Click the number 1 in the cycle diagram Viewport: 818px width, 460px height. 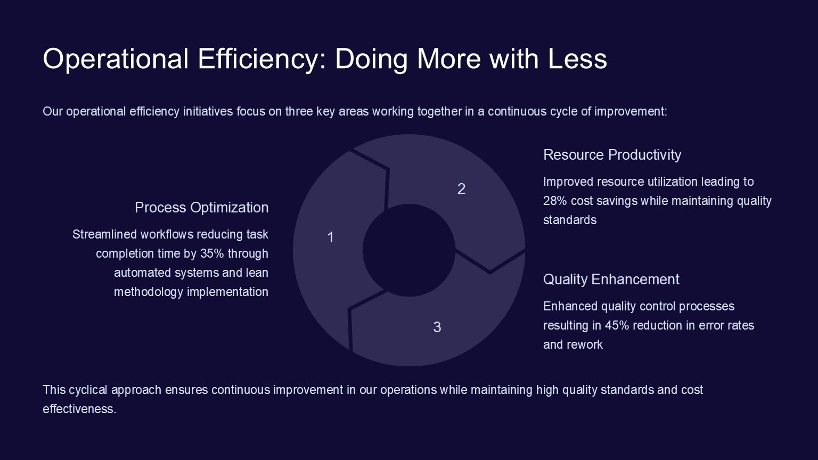pyautogui.click(x=331, y=237)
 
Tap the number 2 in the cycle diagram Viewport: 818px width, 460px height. pyautogui.click(x=461, y=189)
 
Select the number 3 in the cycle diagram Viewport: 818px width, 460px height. pyautogui.click(x=437, y=327)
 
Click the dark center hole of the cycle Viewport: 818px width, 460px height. pyautogui.click(x=409, y=250)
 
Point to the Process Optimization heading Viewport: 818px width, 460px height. pyautogui.click(x=202, y=208)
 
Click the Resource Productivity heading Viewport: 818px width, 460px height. pyautogui.click(x=612, y=155)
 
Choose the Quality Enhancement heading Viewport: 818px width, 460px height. pyautogui.click(x=611, y=280)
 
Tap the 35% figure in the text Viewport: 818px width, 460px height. pyautogui.click(x=212, y=253)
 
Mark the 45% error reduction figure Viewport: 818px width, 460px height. pyautogui.click(x=617, y=325)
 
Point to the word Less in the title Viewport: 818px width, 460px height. pyautogui.click(x=577, y=59)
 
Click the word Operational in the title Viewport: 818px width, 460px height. pyautogui.click(x=116, y=59)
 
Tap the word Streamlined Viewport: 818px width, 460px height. pyautogui.click(x=105, y=234)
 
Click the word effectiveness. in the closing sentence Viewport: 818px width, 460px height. pyautogui.click(x=79, y=409)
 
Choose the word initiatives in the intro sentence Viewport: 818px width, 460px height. pyautogui.click(x=208, y=111)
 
